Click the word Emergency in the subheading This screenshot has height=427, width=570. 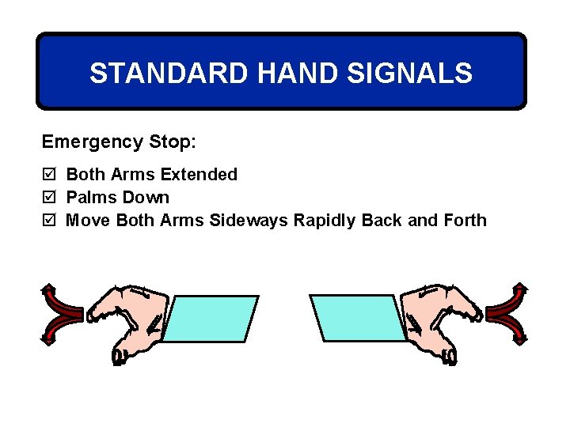(93, 142)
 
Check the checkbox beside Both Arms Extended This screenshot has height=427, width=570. (48, 175)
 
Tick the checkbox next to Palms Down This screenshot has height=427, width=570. (48, 198)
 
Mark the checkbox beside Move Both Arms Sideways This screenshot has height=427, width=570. (48, 221)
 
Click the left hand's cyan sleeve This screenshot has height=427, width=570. (210, 319)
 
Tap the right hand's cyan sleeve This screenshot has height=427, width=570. (359, 318)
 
